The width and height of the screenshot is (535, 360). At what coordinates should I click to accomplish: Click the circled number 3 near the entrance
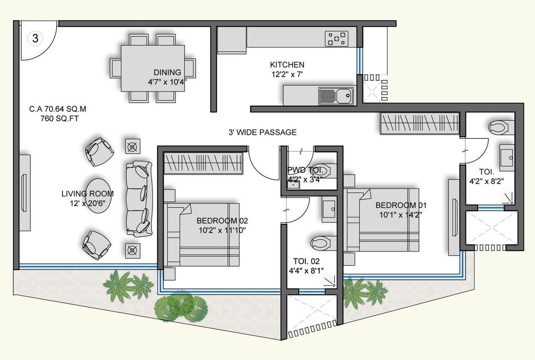tap(35, 38)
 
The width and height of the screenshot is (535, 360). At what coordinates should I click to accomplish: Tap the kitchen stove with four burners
tap(337, 38)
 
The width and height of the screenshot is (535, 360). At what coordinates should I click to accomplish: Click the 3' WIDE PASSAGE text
tap(262, 132)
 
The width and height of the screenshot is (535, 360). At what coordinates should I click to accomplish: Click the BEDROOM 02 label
tap(218, 221)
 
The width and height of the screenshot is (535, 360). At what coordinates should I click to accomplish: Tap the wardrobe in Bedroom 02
tap(203, 163)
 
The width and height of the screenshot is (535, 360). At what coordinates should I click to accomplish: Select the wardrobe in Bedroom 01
tap(419, 123)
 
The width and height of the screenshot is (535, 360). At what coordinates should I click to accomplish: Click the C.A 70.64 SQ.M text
tap(58, 109)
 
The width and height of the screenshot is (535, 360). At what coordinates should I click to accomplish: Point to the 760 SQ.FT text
tap(58, 118)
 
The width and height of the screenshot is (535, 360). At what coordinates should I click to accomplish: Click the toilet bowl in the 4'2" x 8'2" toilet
tap(499, 126)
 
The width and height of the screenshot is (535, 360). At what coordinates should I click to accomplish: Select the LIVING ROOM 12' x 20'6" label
tap(87, 198)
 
